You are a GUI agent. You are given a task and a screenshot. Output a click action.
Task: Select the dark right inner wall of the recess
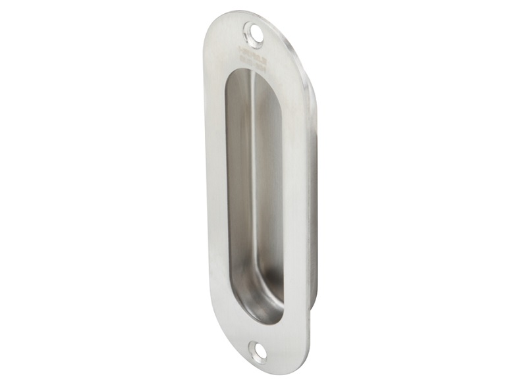point(277,197)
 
